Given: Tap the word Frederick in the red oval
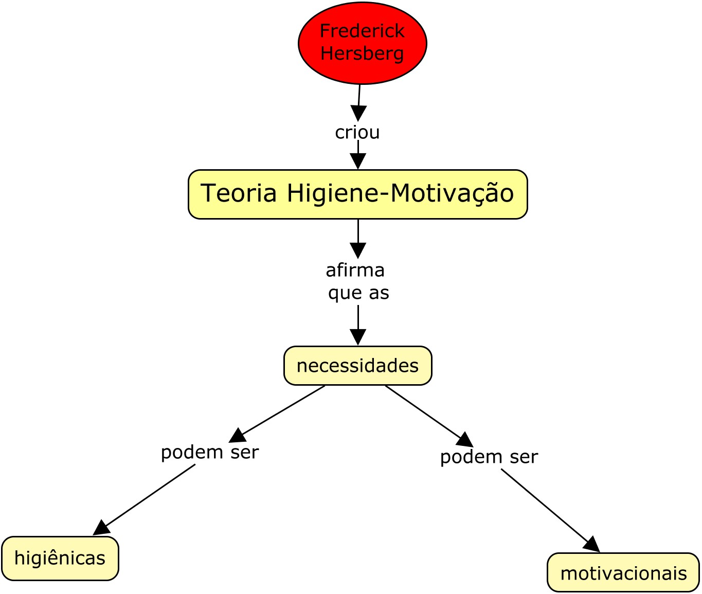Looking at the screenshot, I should click(x=362, y=31).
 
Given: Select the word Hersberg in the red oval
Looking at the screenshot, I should click(x=362, y=53).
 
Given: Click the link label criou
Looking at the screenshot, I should click(x=357, y=132).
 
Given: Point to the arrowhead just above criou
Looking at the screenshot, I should click(x=358, y=113).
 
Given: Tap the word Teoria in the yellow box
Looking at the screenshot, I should click(x=239, y=193).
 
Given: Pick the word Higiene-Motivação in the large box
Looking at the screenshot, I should click(x=400, y=193).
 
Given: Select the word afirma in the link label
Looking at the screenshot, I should click(x=355, y=270).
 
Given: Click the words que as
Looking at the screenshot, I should click(x=358, y=293).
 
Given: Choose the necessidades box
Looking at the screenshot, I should click(x=357, y=366).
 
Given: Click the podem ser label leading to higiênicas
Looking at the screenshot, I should click(x=210, y=452).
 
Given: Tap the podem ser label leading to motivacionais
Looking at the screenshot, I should click(x=489, y=457).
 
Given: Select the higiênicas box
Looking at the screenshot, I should click(x=60, y=558).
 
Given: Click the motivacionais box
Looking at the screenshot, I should click(x=623, y=573).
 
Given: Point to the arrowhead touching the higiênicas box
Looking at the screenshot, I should click(x=101, y=528).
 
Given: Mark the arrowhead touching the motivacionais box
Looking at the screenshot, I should click(x=592, y=545).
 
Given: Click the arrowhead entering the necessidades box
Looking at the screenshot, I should click(x=358, y=337).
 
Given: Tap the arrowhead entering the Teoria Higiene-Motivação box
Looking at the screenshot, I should click(x=358, y=161).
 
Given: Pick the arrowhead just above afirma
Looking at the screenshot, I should click(x=358, y=250).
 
